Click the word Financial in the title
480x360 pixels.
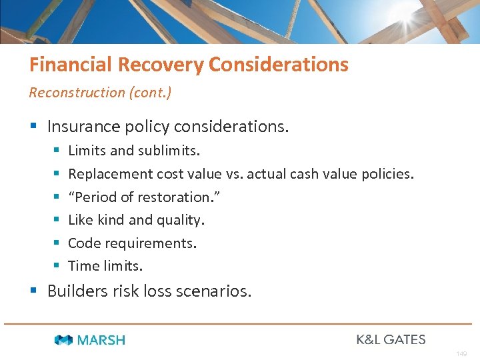pos(71,65)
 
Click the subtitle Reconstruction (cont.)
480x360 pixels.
pos(100,93)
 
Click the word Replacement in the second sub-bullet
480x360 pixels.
pos(110,174)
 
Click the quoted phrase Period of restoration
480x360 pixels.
pos(144,197)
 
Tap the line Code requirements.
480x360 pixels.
pos(132,243)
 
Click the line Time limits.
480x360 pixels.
pos(105,266)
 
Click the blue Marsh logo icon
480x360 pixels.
pos(64,340)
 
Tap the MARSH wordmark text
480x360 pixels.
pos(101,340)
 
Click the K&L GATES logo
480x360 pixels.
pos(391,339)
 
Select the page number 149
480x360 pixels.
pos(461,353)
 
